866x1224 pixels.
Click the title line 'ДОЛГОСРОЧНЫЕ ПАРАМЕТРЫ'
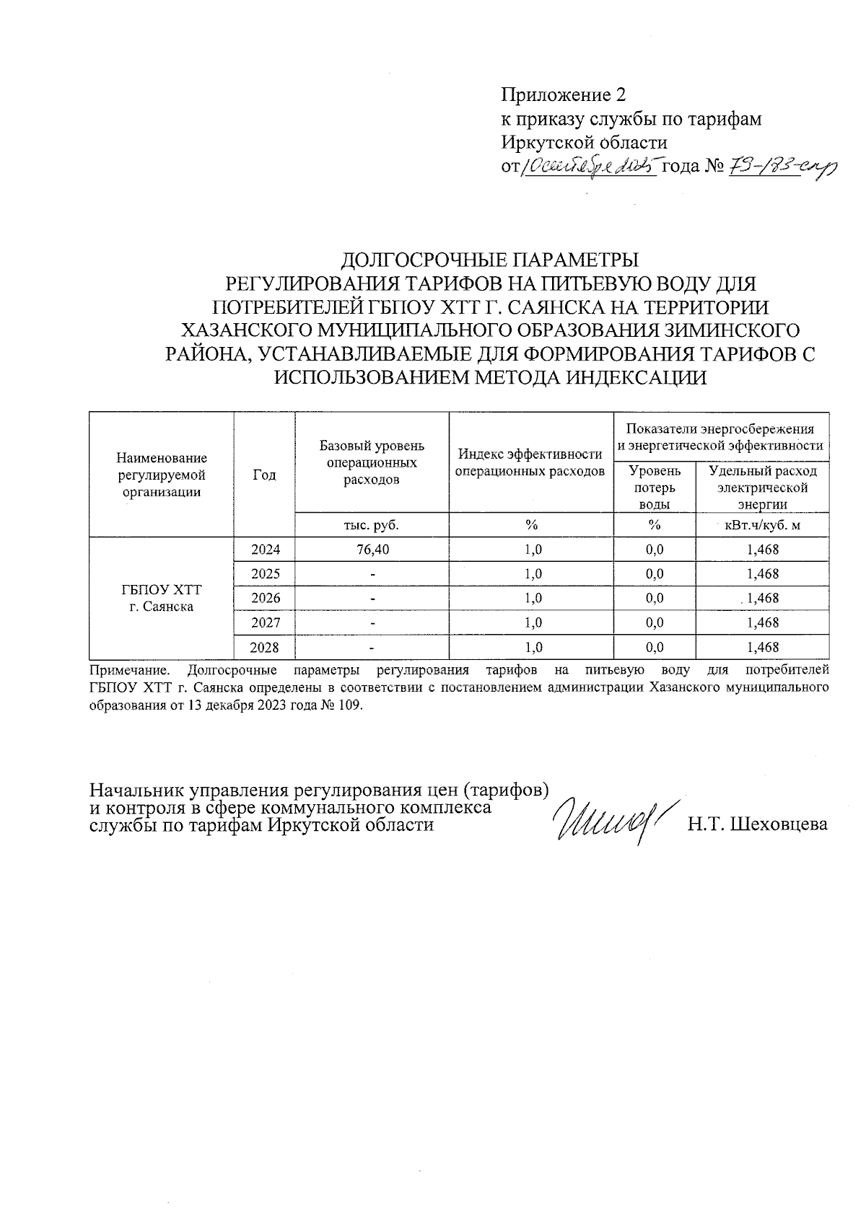[x=490, y=259]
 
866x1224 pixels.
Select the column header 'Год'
[x=264, y=475]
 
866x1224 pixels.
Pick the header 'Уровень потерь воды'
[x=654, y=488]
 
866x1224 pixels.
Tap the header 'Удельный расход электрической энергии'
[x=763, y=488]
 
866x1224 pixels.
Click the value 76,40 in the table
[x=372, y=550]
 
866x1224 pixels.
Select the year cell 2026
[x=264, y=598]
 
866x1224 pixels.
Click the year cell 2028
[x=264, y=647]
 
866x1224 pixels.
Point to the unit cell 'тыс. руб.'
[x=372, y=525]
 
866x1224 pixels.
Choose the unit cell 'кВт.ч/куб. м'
[x=762, y=525]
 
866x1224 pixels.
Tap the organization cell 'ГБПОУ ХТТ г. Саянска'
[x=161, y=598]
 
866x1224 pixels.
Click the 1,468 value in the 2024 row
[x=763, y=550]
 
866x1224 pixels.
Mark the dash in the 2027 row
[x=372, y=622]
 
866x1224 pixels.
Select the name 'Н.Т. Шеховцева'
[x=757, y=824]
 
